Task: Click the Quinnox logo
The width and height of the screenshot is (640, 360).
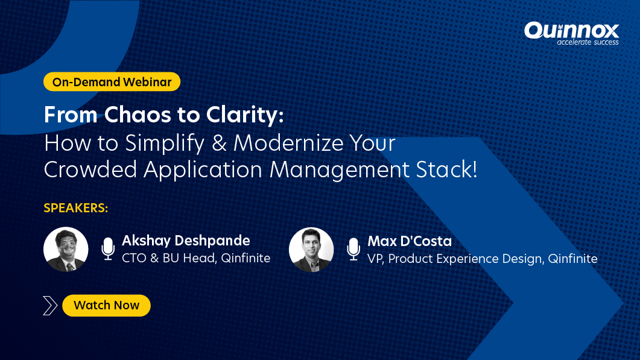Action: point(571,30)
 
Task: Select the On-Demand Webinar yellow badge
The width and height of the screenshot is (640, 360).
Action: point(112,82)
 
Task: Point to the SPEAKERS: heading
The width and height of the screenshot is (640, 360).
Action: point(76,209)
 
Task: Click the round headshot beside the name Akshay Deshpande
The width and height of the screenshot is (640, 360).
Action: point(66,249)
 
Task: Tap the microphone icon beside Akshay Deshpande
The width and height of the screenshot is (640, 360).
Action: point(108,249)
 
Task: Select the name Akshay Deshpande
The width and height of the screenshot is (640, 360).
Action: point(186,241)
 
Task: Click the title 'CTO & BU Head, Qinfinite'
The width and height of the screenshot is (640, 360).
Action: point(196,259)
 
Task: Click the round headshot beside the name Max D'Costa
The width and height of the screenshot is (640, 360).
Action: point(311,249)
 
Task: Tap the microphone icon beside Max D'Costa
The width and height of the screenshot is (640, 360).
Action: point(353,249)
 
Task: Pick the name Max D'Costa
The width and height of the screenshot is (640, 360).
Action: point(410,241)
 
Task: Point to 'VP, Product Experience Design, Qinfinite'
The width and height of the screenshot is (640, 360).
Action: point(482,259)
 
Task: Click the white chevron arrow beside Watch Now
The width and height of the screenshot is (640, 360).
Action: point(51,306)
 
